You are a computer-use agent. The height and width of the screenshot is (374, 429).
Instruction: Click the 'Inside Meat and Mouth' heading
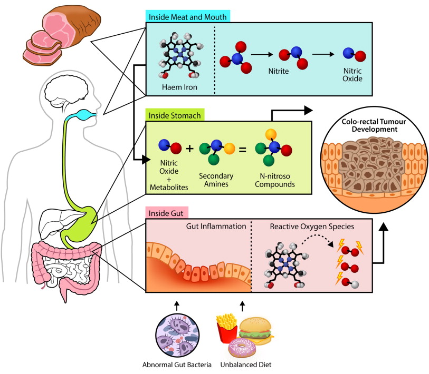click(x=187, y=17)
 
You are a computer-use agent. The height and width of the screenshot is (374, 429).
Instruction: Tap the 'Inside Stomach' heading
click(x=175, y=115)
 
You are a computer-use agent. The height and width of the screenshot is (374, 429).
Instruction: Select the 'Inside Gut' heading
click(x=166, y=213)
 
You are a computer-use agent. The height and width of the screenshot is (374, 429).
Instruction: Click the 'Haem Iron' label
click(x=179, y=87)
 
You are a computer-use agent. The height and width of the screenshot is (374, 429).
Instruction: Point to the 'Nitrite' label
click(x=279, y=71)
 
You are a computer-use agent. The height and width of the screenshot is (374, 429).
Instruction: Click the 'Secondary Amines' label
click(x=216, y=180)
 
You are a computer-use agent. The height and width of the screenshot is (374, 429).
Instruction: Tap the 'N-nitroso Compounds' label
click(x=275, y=180)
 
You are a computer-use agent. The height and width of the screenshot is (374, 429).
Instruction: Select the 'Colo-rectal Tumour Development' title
click(x=374, y=125)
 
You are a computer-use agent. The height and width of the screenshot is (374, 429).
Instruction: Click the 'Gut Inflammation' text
click(x=216, y=226)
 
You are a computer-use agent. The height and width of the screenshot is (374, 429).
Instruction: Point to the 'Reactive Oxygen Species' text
click(x=312, y=227)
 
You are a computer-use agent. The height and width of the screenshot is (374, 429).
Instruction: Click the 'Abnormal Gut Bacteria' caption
click(x=177, y=365)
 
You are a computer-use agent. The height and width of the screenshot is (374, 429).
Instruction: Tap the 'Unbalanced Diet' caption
click(x=246, y=365)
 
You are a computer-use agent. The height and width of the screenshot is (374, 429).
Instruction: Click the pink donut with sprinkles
click(x=242, y=348)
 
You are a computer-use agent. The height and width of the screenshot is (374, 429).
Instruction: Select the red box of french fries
click(x=226, y=329)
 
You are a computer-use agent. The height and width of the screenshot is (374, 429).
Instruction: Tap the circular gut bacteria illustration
click(x=177, y=336)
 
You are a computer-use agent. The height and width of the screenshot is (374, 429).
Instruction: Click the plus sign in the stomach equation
click(x=189, y=149)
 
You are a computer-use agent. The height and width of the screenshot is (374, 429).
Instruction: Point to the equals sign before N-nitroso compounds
click(x=243, y=150)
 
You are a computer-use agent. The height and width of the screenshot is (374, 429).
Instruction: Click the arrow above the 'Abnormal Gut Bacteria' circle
click(x=177, y=306)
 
